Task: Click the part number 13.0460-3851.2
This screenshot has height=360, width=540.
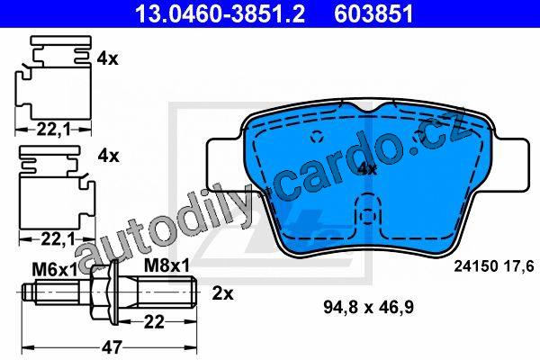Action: pos(220,13)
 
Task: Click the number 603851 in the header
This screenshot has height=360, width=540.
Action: pos(373,13)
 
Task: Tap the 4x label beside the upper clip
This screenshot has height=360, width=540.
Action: pos(107,58)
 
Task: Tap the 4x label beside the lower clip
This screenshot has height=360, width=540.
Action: pos(108,156)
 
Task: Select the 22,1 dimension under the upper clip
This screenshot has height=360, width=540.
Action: pos(53,130)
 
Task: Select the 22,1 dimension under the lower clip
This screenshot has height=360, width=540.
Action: pos(58,238)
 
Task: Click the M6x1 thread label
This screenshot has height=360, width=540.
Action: pos(55,270)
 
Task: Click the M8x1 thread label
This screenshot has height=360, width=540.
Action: pos(166,265)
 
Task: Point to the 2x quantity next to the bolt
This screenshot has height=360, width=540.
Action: pos(222,293)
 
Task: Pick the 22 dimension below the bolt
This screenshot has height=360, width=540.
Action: pos(154,322)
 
